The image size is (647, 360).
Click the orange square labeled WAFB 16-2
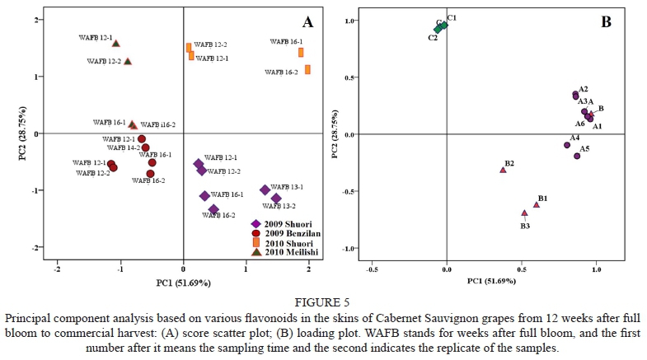point(307,70)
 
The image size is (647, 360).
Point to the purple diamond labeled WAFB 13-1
point(265,190)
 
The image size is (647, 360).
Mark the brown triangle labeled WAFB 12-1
point(116,44)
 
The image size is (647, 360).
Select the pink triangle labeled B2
point(503,170)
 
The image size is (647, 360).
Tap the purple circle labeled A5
point(577,156)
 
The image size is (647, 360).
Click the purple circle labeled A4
point(567,145)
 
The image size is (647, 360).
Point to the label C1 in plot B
point(452,17)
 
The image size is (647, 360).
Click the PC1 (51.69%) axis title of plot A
point(183,283)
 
